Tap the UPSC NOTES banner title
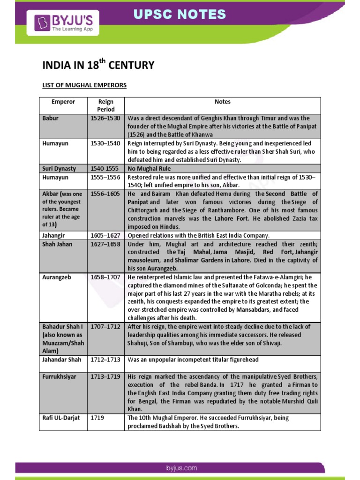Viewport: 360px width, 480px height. click(x=180, y=14)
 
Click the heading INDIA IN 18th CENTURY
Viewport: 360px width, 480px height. click(x=98, y=65)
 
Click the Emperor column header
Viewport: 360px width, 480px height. click(x=63, y=102)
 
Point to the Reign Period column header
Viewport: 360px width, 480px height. click(x=106, y=105)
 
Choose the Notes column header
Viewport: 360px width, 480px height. click(x=222, y=102)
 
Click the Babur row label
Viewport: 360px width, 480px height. click(x=50, y=118)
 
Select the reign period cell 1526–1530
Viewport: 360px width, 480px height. click(x=105, y=118)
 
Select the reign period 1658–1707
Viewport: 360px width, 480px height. click(x=105, y=277)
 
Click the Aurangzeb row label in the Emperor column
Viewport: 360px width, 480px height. click(x=57, y=277)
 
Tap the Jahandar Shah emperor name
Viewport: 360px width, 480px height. click(x=61, y=360)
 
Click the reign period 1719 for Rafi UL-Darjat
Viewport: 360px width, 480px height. click(x=97, y=418)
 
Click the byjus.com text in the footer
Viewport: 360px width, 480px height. click(x=181, y=468)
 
